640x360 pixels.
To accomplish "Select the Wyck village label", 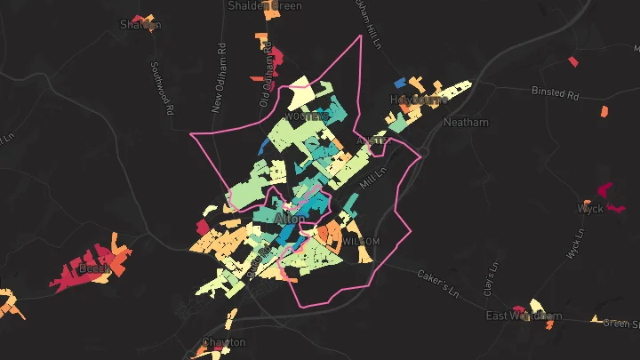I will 590,209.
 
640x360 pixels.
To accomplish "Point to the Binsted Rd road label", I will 555,92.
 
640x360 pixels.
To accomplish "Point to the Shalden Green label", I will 265,5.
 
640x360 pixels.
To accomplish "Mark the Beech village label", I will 93,268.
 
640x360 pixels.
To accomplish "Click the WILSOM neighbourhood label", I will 361,241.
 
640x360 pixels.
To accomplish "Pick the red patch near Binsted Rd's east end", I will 572,61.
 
